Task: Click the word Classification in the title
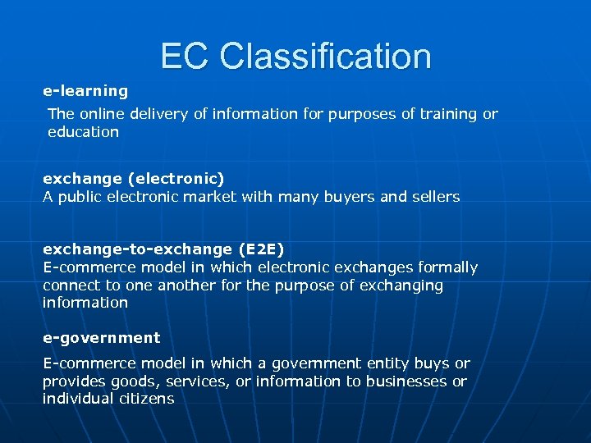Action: pyautogui.click(x=326, y=57)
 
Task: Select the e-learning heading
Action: pyautogui.click(x=85, y=91)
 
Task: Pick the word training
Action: pyautogui.click(x=449, y=114)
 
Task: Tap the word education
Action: pyautogui.click(x=83, y=131)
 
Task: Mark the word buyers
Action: pyautogui.click(x=349, y=197)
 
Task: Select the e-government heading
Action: pyautogui.click(x=102, y=338)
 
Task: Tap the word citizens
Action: pyautogui.click(x=147, y=399)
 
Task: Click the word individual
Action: pyautogui.click(x=77, y=399)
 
